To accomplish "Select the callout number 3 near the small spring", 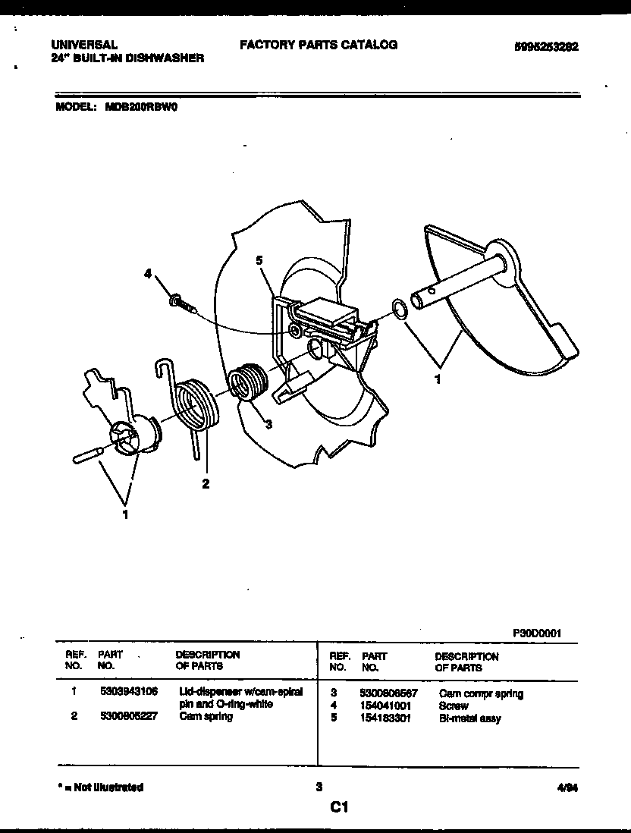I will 268,424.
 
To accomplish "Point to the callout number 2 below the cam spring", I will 205,483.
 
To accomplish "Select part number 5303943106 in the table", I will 128,692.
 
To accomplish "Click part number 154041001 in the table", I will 386,706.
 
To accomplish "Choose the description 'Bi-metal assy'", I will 469,718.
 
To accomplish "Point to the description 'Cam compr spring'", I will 481,693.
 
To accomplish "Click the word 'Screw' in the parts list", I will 454,706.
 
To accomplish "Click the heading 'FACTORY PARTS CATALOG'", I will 319,45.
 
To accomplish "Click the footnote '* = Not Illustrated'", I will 100,787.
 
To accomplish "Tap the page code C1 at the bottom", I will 338,809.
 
